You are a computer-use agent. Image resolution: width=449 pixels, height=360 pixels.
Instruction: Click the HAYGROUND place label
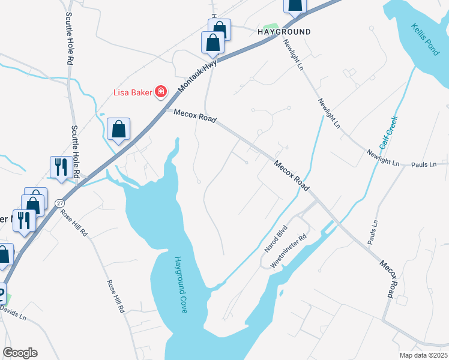coord(284,32)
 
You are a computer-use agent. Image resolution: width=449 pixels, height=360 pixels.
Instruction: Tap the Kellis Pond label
coord(426,40)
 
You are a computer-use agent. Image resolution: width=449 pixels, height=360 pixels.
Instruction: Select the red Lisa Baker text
coord(133,92)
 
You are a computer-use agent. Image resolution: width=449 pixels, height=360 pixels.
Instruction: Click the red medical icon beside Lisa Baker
coord(161,92)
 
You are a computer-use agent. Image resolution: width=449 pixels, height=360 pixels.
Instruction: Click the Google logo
coord(20,353)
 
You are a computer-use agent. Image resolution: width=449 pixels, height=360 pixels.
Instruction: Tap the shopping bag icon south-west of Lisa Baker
coord(119,129)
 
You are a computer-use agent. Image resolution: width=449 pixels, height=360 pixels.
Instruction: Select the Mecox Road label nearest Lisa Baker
coord(195,116)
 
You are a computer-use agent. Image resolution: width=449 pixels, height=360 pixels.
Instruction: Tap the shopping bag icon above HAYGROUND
coord(295,5)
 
